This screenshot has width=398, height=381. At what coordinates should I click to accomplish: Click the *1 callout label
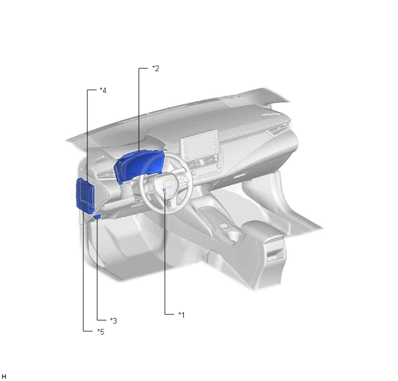(181, 315)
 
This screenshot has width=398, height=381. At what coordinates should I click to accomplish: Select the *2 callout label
(156, 68)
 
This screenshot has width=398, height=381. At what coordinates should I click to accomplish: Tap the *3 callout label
(113, 321)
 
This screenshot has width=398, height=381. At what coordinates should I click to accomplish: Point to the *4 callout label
(103, 90)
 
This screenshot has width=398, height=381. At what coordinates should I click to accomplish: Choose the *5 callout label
(101, 332)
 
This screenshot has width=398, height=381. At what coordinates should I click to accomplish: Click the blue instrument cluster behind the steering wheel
(138, 165)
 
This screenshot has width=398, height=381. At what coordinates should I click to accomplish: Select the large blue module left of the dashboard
(85, 194)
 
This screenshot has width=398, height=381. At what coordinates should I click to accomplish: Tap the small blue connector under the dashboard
(97, 217)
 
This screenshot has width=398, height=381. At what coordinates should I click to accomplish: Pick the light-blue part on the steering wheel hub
(165, 191)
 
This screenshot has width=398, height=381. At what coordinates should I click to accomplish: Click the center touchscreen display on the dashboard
(199, 144)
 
